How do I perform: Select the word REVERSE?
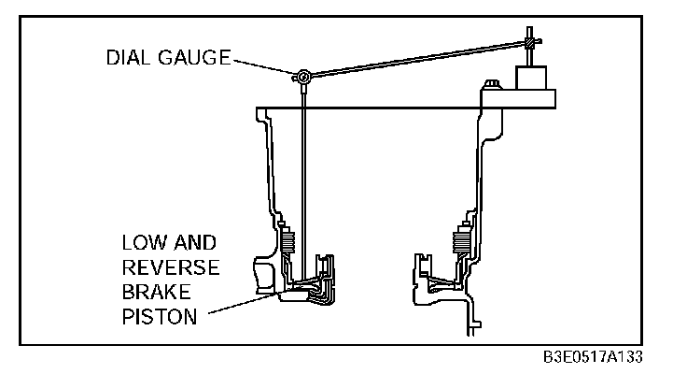coord(171,267)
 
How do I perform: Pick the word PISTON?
coord(160,317)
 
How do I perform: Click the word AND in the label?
coord(200,242)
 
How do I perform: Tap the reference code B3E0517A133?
coord(593,359)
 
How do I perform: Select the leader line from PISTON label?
coord(243,306)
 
